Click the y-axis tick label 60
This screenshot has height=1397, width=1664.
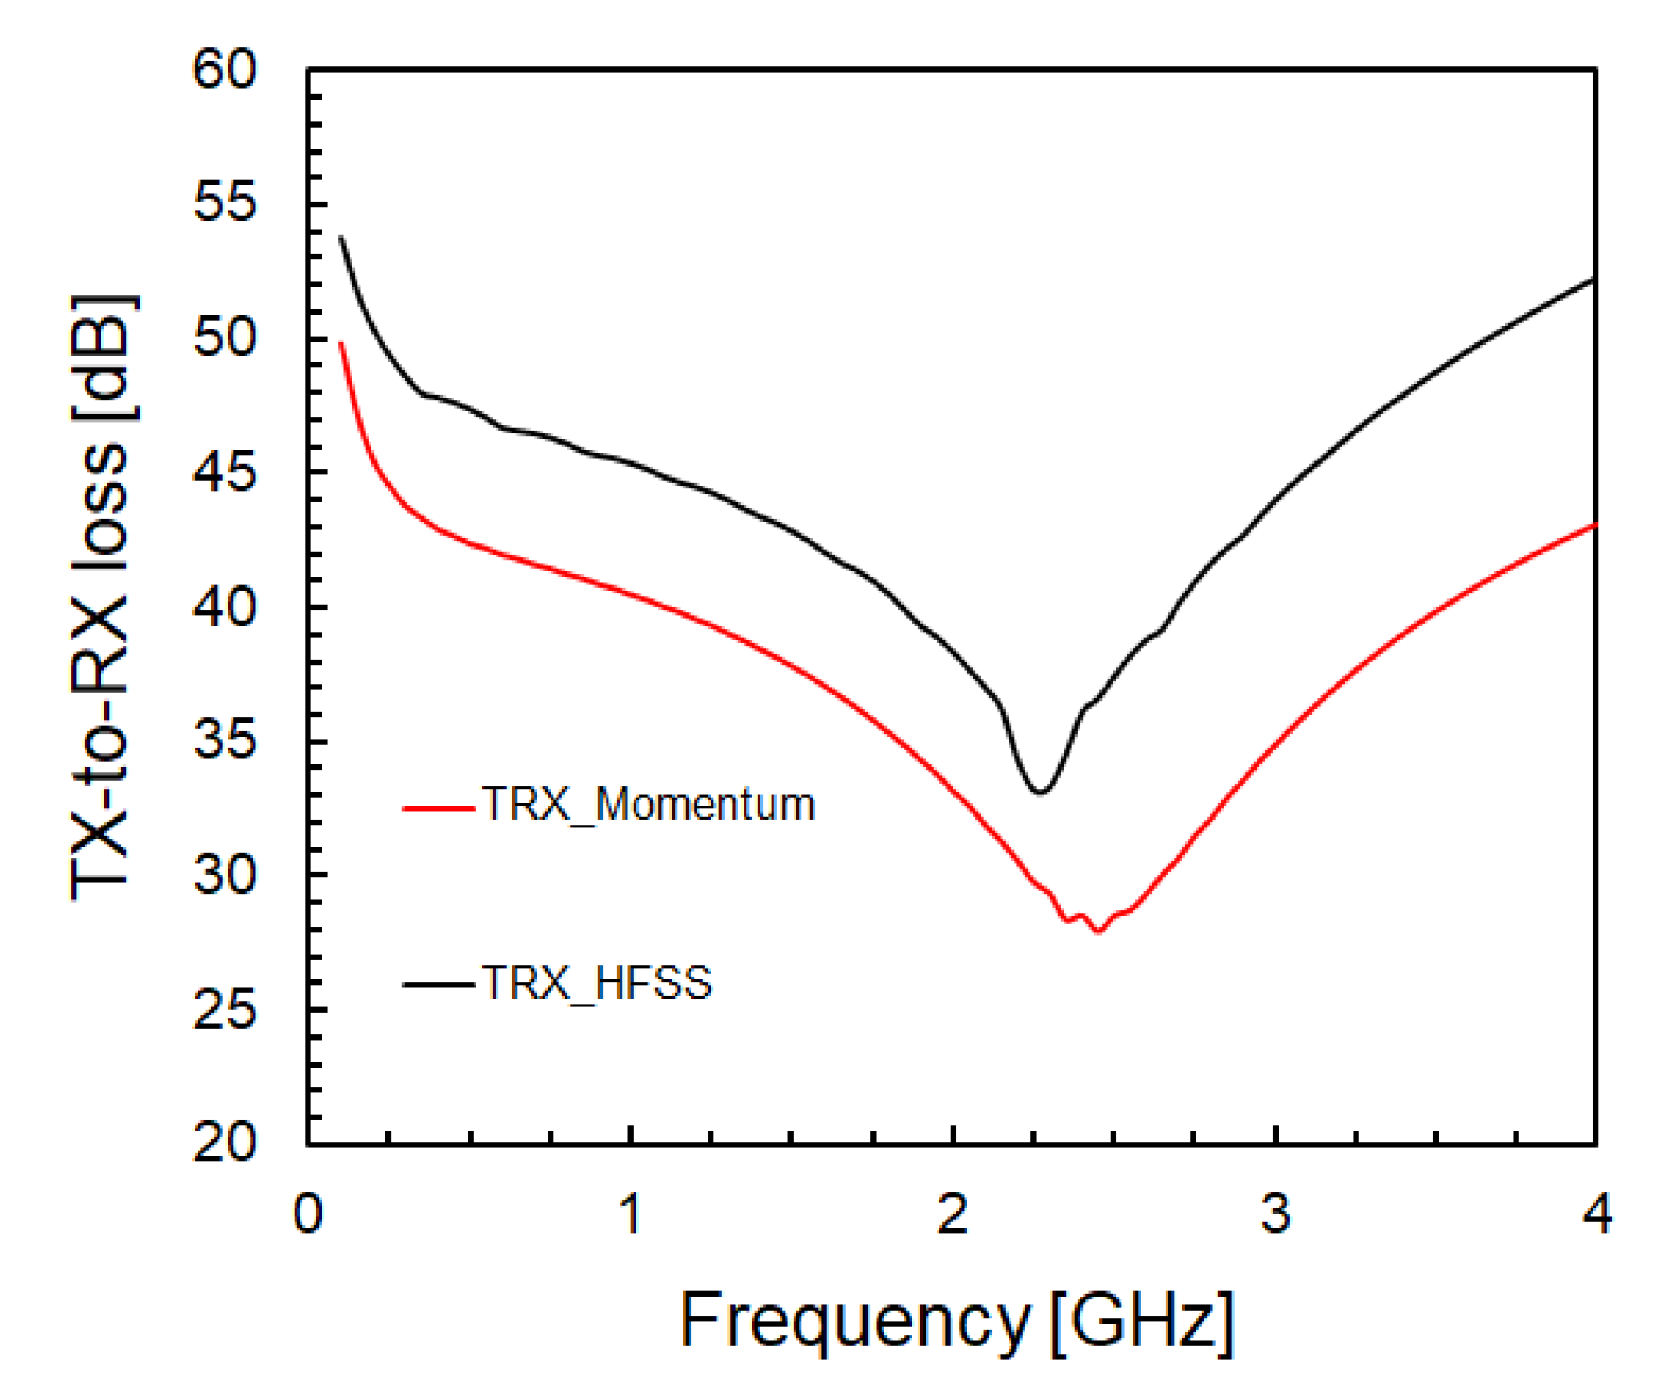[x=225, y=69]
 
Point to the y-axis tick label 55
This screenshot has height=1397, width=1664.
[x=225, y=204]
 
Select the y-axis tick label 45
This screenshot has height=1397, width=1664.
[x=225, y=473]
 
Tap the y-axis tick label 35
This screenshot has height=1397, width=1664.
[x=225, y=742]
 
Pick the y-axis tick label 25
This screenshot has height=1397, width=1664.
[x=225, y=1011]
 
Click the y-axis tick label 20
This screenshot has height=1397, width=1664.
[x=225, y=1142]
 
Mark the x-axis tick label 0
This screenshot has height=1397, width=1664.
[x=308, y=1214]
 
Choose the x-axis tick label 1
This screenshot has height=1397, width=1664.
[x=631, y=1214]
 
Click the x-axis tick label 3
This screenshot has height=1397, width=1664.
[x=1275, y=1214]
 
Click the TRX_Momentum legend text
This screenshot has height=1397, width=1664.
[x=648, y=805]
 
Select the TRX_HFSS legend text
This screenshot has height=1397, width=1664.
[x=596, y=983]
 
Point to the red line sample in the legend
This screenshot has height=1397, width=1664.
[x=438, y=808]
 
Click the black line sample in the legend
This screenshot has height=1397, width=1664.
[x=438, y=985]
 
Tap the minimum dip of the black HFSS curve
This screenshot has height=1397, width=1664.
[x=1040, y=792]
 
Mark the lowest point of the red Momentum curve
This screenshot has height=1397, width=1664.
[x=1099, y=931]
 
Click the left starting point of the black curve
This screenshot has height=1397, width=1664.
[x=341, y=238]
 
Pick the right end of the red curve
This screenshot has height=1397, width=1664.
[x=1595, y=525]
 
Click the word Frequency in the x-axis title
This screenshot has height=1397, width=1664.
[x=855, y=1320]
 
